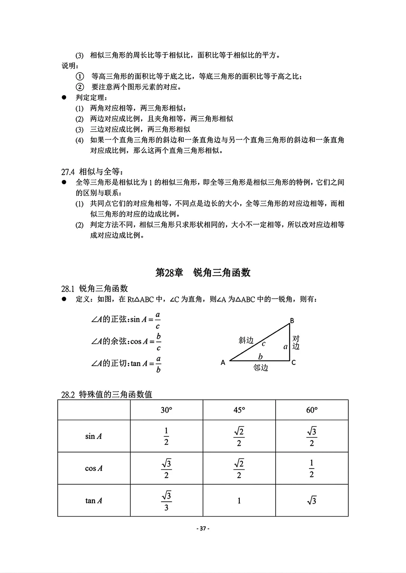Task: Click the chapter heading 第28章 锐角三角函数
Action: pos(203,273)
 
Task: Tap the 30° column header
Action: pos(166,410)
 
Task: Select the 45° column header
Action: pos(239,410)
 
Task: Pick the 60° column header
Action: pos(312,410)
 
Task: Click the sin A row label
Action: pos(94,436)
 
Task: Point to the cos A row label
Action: pos(94,469)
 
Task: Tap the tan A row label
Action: pos(94,501)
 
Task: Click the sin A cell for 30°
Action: pos(166,436)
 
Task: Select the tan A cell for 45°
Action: pos(239,501)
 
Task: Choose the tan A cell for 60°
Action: pos(312,501)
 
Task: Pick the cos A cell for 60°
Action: pos(312,469)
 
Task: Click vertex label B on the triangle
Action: pos(292,321)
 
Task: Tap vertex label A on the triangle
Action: pos(223,363)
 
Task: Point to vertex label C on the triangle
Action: pos(294,363)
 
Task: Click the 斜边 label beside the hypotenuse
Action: pos(246,341)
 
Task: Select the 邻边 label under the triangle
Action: pos(261,368)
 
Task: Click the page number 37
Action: pos(203,529)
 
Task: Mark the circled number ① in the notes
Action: pos(80,77)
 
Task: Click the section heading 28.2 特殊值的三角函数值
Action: pos(107,395)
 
